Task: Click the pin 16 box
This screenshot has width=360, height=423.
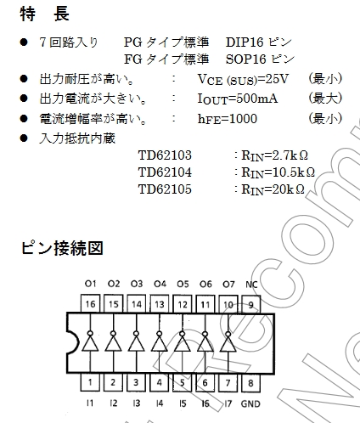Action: [x=90, y=304]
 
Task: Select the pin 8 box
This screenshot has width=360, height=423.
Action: [x=250, y=383]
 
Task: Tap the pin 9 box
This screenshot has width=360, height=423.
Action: [x=250, y=304]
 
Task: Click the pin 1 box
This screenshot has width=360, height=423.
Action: [x=90, y=382]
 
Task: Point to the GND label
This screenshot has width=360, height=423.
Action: [x=250, y=403]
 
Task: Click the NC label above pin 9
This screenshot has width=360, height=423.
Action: [x=251, y=285]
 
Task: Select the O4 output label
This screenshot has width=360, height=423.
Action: [x=160, y=284]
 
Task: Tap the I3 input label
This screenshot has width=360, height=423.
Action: [x=137, y=403]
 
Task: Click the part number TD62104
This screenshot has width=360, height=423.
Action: [x=165, y=172]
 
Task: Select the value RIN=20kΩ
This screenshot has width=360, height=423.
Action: [x=273, y=189]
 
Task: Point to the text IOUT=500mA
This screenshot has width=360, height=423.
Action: [x=238, y=99]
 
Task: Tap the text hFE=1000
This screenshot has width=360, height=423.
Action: [x=228, y=119]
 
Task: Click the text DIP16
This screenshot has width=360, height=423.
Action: [x=245, y=42]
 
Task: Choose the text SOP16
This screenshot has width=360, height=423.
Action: [x=246, y=59]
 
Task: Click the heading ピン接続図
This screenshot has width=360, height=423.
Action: [x=62, y=248]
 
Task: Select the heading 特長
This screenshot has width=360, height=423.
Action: [x=45, y=14]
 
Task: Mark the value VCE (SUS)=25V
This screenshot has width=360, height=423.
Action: [x=243, y=79]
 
